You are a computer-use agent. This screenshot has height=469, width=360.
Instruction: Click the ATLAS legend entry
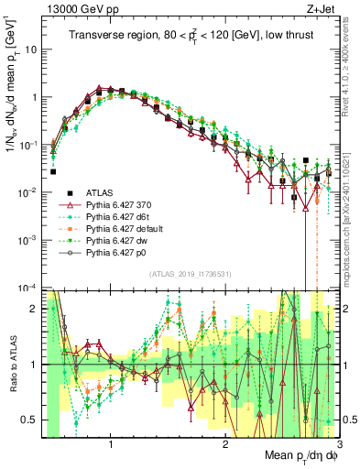[x=99, y=192]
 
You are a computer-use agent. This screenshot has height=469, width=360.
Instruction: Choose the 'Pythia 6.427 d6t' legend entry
[x=117, y=221]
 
